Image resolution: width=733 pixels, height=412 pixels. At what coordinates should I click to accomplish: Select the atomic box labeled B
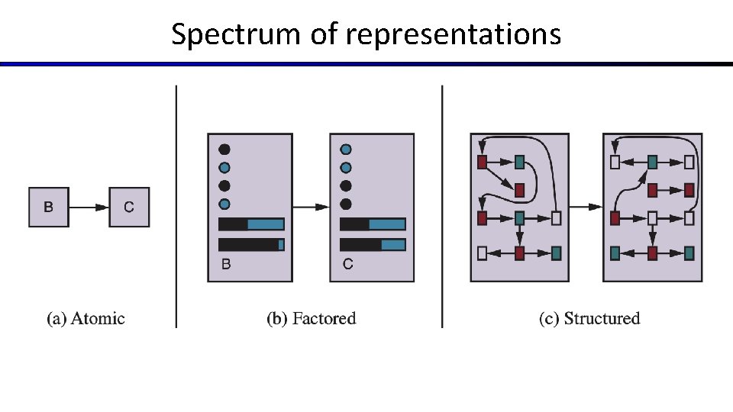tap(49, 207)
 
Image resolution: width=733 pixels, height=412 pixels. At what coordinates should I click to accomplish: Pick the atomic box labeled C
tap(129, 207)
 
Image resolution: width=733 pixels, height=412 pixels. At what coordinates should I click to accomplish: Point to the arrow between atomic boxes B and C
tap(89, 207)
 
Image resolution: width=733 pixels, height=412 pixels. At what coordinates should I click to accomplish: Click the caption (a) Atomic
tap(86, 318)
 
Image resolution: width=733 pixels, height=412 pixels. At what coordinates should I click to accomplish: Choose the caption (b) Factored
tap(311, 318)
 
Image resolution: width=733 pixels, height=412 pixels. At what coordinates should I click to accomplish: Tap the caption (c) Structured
tap(589, 318)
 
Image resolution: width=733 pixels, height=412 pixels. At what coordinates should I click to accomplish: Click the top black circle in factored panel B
tap(224, 150)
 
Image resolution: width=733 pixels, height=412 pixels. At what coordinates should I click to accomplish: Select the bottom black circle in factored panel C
tap(346, 204)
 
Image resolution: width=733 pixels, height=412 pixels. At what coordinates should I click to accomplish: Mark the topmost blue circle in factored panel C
tap(346, 150)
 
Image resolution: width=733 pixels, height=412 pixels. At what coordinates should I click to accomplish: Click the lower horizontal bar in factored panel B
tap(251, 244)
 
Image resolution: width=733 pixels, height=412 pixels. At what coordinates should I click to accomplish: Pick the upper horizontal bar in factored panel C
tap(373, 224)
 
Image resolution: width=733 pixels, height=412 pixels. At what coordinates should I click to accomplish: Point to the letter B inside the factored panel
tap(226, 265)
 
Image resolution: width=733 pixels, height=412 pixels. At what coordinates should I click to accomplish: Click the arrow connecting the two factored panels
tap(311, 207)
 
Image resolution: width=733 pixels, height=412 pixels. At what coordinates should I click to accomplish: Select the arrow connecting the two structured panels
tap(586, 207)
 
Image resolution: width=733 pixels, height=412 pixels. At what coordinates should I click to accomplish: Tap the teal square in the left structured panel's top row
tap(519, 162)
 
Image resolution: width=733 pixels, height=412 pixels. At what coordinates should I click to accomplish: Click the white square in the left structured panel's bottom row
tap(482, 253)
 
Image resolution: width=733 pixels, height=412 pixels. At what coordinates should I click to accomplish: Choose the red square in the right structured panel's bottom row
tap(652, 253)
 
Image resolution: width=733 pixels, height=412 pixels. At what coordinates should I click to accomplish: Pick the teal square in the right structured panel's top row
tap(652, 162)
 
